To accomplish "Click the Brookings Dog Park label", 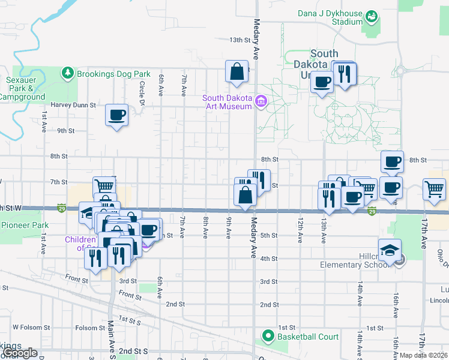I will (113, 74).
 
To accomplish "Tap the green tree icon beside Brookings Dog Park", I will (68, 73).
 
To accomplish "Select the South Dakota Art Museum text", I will (226, 102).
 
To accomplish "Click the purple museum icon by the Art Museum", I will (261, 101).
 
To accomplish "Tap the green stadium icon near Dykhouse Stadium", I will (372, 16).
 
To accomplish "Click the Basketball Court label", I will (308, 337).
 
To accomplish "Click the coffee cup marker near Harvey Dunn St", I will (116, 115).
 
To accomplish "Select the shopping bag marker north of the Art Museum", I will (237, 71).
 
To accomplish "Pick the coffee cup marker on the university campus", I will (322, 82).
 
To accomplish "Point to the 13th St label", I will (239, 40).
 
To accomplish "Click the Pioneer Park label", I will (24, 226).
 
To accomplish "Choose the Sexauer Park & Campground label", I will (25, 88).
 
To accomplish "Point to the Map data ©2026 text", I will (424, 355).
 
